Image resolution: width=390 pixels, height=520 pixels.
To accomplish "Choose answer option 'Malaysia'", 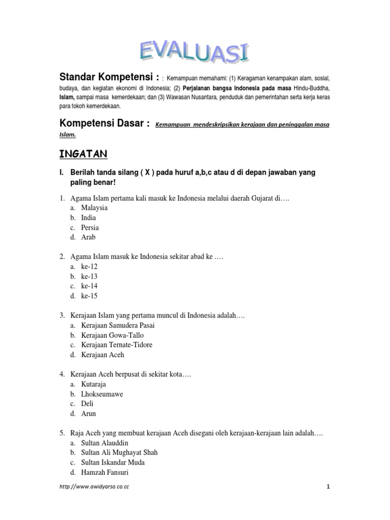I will click(94, 208).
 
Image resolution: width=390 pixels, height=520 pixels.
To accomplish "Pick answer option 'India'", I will click(88, 217).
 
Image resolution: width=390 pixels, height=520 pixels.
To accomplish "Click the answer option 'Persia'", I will click(90, 227).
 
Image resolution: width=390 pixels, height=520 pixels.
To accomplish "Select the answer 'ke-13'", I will click(89, 276).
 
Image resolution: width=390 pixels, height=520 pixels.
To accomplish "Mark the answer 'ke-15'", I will click(89, 296).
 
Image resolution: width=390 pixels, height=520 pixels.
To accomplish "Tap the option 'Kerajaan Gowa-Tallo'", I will click(112, 335).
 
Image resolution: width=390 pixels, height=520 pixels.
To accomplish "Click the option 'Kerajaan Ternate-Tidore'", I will click(116, 345).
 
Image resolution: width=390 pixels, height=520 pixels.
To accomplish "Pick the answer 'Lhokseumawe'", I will click(102, 394).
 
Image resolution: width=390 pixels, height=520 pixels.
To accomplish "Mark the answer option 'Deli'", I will click(87, 404).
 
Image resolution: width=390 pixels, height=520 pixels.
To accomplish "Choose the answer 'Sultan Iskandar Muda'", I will click(113, 463).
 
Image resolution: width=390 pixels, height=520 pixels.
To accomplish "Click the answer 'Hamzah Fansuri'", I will click(105, 472).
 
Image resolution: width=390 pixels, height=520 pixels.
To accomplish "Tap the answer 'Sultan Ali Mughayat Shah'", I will click(119, 452).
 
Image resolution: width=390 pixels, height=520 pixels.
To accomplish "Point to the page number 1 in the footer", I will click(328, 487).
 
